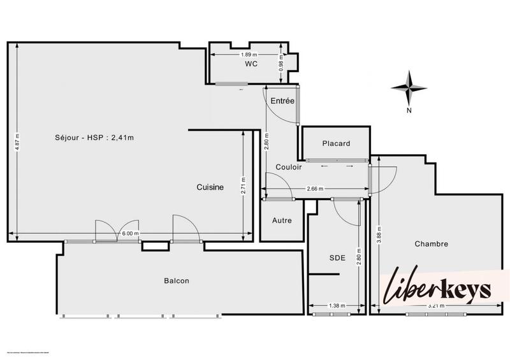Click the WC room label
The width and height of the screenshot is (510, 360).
click(249, 64)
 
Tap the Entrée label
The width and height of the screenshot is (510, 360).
click(282, 101)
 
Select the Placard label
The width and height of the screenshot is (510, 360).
click(335, 143)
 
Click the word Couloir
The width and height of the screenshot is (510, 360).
click(288, 167)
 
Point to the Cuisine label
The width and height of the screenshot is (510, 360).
click(210, 187)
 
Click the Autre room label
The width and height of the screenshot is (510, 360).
click(282, 220)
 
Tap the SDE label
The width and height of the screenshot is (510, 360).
click(337, 258)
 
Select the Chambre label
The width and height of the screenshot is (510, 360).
click(431, 243)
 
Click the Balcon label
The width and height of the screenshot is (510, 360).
click(177, 280)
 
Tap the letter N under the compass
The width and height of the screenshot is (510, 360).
click(409, 110)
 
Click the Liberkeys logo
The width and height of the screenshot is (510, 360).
click(437, 291)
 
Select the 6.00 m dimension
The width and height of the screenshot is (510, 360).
click(130, 234)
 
